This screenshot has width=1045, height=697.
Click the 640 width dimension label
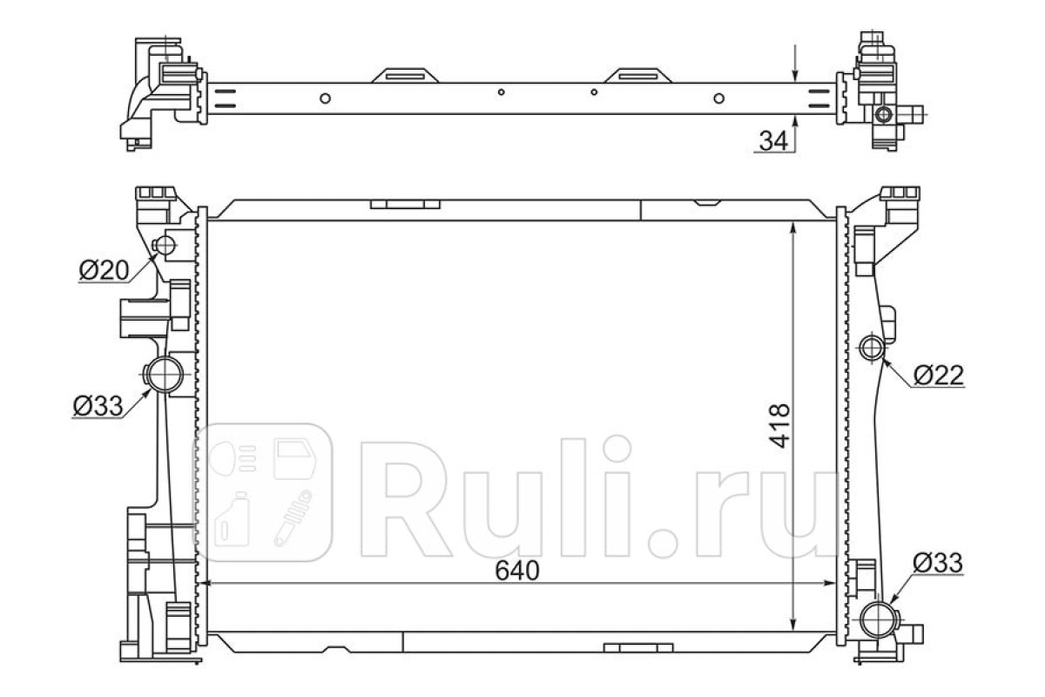click(x=517, y=571)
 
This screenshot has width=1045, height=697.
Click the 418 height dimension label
click(x=779, y=426)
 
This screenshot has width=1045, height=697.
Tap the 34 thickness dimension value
click(x=773, y=140)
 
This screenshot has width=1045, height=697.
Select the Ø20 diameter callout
click(x=104, y=270)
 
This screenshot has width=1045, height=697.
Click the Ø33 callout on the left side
click(x=98, y=406)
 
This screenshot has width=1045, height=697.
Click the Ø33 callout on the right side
click(x=938, y=563)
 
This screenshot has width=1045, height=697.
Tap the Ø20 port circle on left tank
click(x=165, y=245)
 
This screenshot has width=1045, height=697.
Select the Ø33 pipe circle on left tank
click(x=165, y=375)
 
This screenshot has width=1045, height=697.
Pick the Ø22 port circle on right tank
click(x=872, y=348)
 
